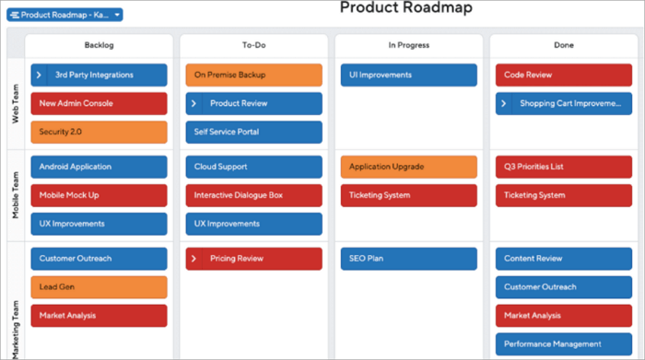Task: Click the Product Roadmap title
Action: [x=405, y=8]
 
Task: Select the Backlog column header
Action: [x=99, y=45]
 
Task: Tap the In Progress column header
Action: [x=408, y=45]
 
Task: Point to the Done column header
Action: [x=563, y=45]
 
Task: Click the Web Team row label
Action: [x=16, y=102]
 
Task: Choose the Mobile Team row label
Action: [x=16, y=195]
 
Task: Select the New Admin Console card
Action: [x=99, y=103]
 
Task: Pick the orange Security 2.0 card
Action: [x=99, y=132]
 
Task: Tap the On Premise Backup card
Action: [x=253, y=75]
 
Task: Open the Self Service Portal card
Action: [x=253, y=132]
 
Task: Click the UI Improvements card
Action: [x=408, y=75]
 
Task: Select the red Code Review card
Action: [x=563, y=75]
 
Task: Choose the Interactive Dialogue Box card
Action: [x=253, y=195]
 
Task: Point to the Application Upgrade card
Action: [x=408, y=167]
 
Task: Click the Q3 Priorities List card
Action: [x=563, y=167]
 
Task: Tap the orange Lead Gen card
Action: [x=99, y=287]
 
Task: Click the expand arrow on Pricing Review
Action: [x=194, y=259]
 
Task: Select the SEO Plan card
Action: [x=408, y=259]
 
